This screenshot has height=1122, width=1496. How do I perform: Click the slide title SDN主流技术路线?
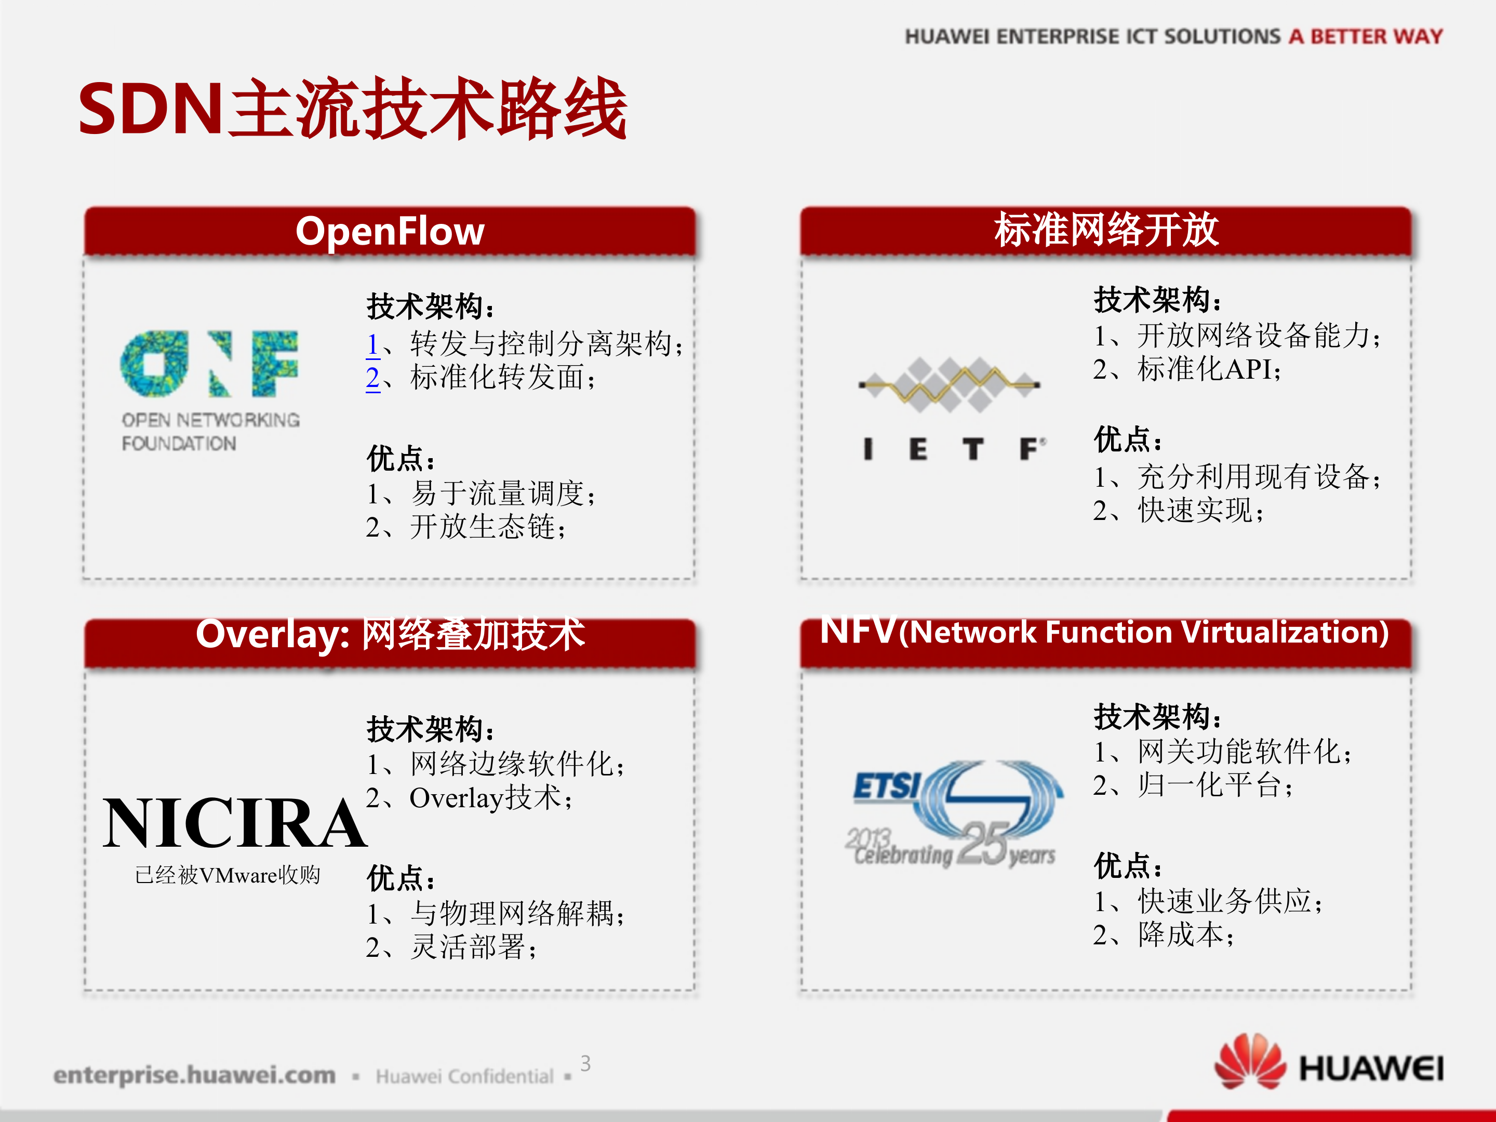pyautogui.click(x=352, y=108)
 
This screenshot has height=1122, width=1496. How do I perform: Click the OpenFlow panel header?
pyautogui.click(x=390, y=231)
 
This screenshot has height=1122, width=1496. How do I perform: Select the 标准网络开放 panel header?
pyautogui.click(x=1106, y=231)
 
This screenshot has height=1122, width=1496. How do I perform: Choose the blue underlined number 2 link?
pyautogui.click(x=372, y=378)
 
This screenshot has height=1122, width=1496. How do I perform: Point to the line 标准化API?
pyautogui.click(x=1187, y=369)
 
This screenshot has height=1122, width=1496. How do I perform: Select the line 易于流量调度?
pyautogui.click(x=481, y=493)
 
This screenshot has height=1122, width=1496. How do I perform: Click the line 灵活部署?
pyautogui.click(x=452, y=947)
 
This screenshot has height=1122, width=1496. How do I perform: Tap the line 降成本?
pyautogui.click(x=1164, y=934)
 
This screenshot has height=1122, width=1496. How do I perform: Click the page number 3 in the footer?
pyautogui.click(x=586, y=1063)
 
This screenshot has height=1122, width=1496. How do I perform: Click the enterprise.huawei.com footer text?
pyautogui.click(x=195, y=1075)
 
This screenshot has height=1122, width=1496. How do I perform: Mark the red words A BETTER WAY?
pyautogui.click(x=1366, y=36)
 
